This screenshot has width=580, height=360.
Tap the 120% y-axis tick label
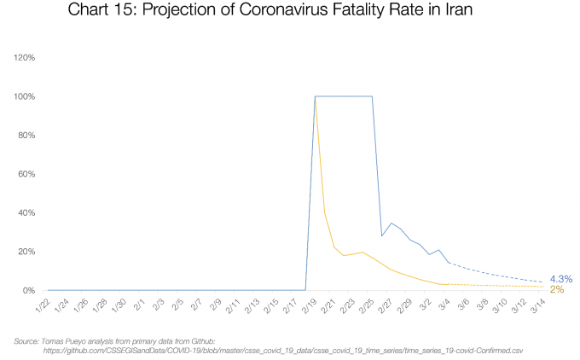click(23, 58)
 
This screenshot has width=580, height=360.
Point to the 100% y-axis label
click(23, 96)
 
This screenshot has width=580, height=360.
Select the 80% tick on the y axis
click(25, 136)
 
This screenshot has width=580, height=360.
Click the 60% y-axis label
click(25, 174)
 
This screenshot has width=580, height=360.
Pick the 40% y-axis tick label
click(25, 213)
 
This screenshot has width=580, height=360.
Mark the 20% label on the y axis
click(25, 252)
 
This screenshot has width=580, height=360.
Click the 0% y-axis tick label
click(27, 291)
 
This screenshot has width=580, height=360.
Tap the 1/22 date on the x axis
click(42, 305)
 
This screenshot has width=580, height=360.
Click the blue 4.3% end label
click(560, 278)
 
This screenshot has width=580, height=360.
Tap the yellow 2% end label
click(556, 290)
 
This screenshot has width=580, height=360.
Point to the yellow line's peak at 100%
click(316, 97)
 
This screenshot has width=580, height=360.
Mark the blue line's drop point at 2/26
click(382, 235)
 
